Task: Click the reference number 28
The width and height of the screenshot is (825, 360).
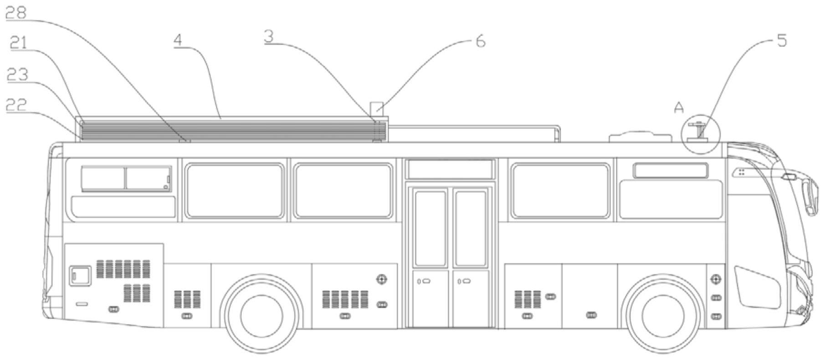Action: [x=16, y=13]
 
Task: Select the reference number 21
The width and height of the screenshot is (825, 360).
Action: [x=19, y=43]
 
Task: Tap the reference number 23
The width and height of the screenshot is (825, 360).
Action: [x=17, y=74]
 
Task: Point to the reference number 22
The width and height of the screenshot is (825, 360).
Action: [x=16, y=105]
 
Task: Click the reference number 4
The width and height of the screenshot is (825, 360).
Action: [x=178, y=40]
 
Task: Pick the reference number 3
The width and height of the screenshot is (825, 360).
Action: [x=269, y=36]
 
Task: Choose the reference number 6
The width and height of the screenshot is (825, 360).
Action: [x=481, y=41]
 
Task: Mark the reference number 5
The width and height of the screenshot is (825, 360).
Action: [x=781, y=41]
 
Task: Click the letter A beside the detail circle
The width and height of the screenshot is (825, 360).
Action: [x=679, y=108]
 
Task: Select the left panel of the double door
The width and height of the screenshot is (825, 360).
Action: [x=430, y=255]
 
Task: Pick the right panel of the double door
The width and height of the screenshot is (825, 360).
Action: [x=471, y=255]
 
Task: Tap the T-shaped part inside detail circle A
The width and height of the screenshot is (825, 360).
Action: [x=697, y=130]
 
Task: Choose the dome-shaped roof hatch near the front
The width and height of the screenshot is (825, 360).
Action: [x=640, y=136]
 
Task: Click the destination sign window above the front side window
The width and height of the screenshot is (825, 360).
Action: [x=670, y=170]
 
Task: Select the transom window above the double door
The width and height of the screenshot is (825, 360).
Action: [x=450, y=169]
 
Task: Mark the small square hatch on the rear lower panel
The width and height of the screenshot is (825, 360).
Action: [x=80, y=276]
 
